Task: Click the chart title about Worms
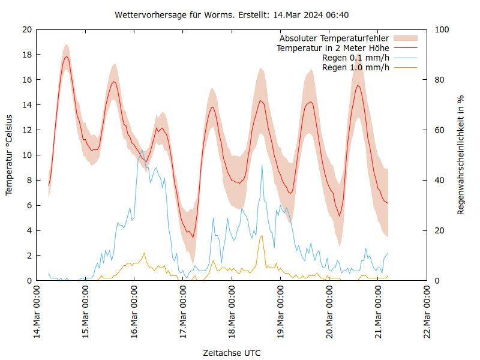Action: (x=240, y=14)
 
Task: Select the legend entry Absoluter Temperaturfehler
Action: (x=334, y=38)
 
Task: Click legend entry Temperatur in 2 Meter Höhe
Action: (x=332, y=48)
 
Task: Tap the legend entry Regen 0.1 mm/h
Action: (x=356, y=58)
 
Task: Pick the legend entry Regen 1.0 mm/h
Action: (x=356, y=67)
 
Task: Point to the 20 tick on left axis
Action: (x=26, y=29)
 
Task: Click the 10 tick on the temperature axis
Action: (x=26, y=155)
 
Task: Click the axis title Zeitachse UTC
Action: (x=232, y=352)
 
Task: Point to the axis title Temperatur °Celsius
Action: (x=9, y=155)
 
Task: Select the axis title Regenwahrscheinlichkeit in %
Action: (x=461, y=155)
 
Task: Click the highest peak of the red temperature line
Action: (x=66, y=56)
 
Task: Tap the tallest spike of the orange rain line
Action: (x=262, y=236)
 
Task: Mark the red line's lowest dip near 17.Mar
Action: (x=193, y=237)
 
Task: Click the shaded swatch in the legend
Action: (x=405, y=38)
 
